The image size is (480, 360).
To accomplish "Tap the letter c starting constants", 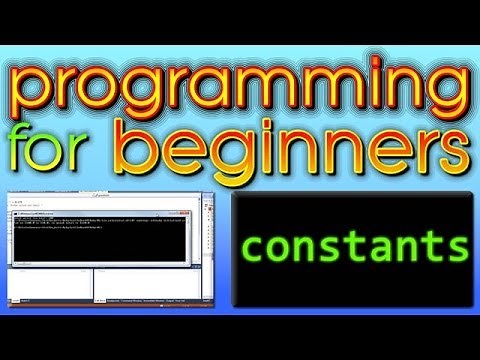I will [x=251, y=247].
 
